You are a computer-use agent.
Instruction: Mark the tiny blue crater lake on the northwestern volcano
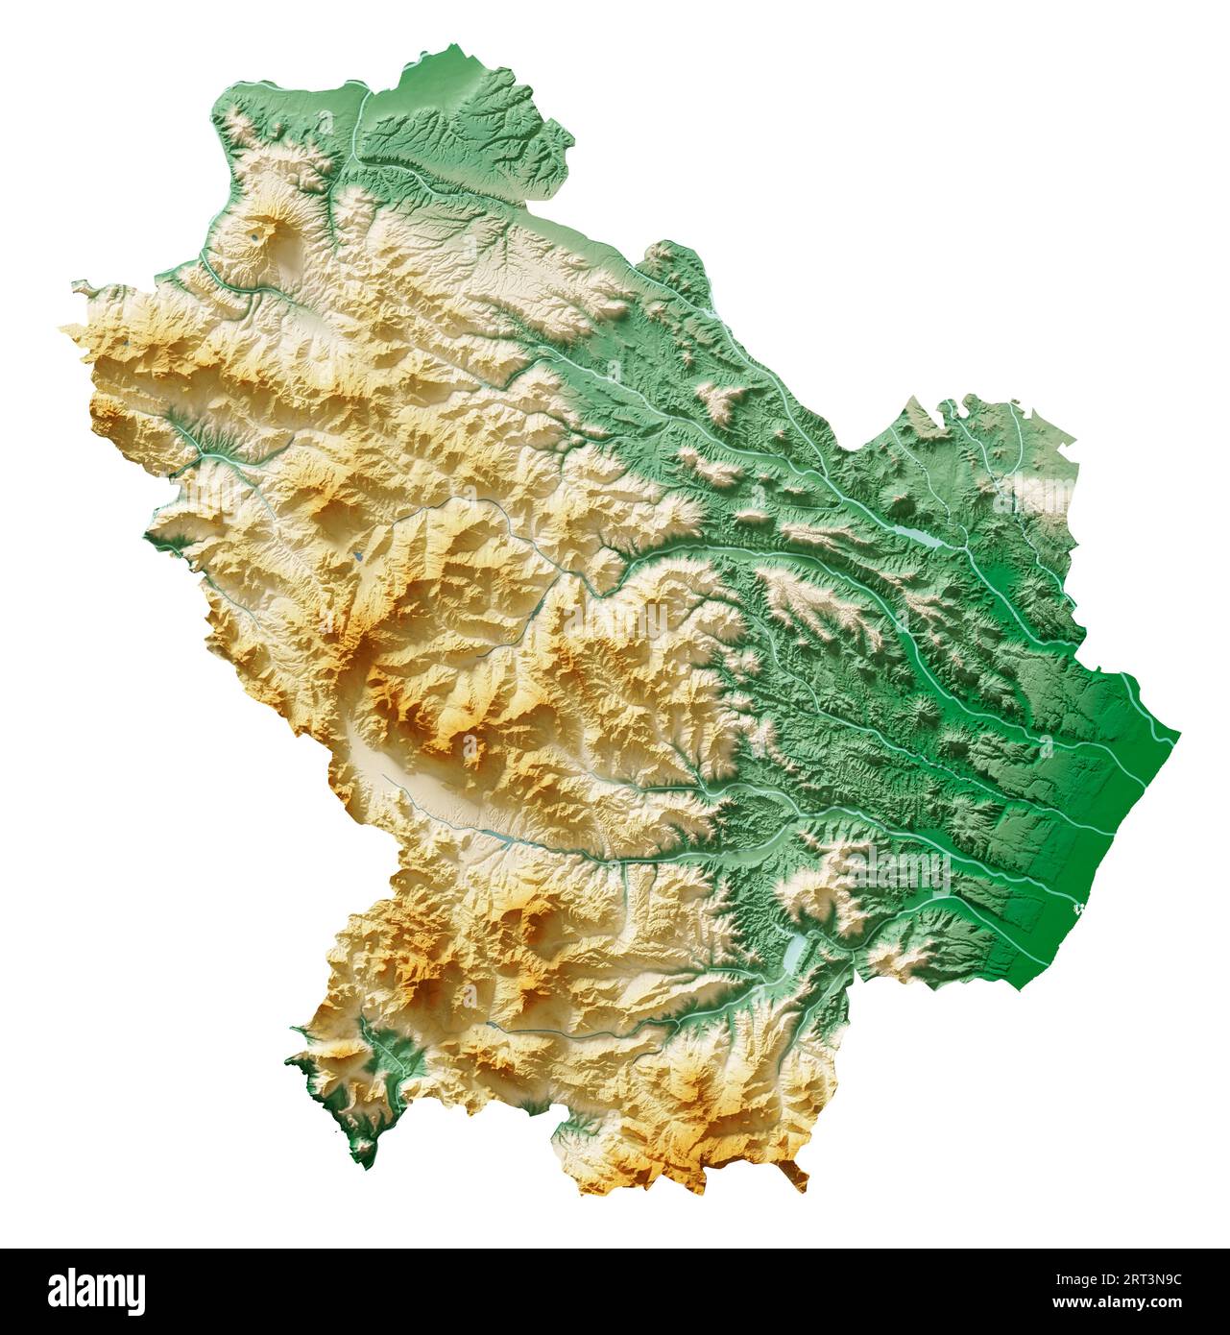(x=259, y=232)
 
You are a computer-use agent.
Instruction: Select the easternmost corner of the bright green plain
(x=1178, y=735)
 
